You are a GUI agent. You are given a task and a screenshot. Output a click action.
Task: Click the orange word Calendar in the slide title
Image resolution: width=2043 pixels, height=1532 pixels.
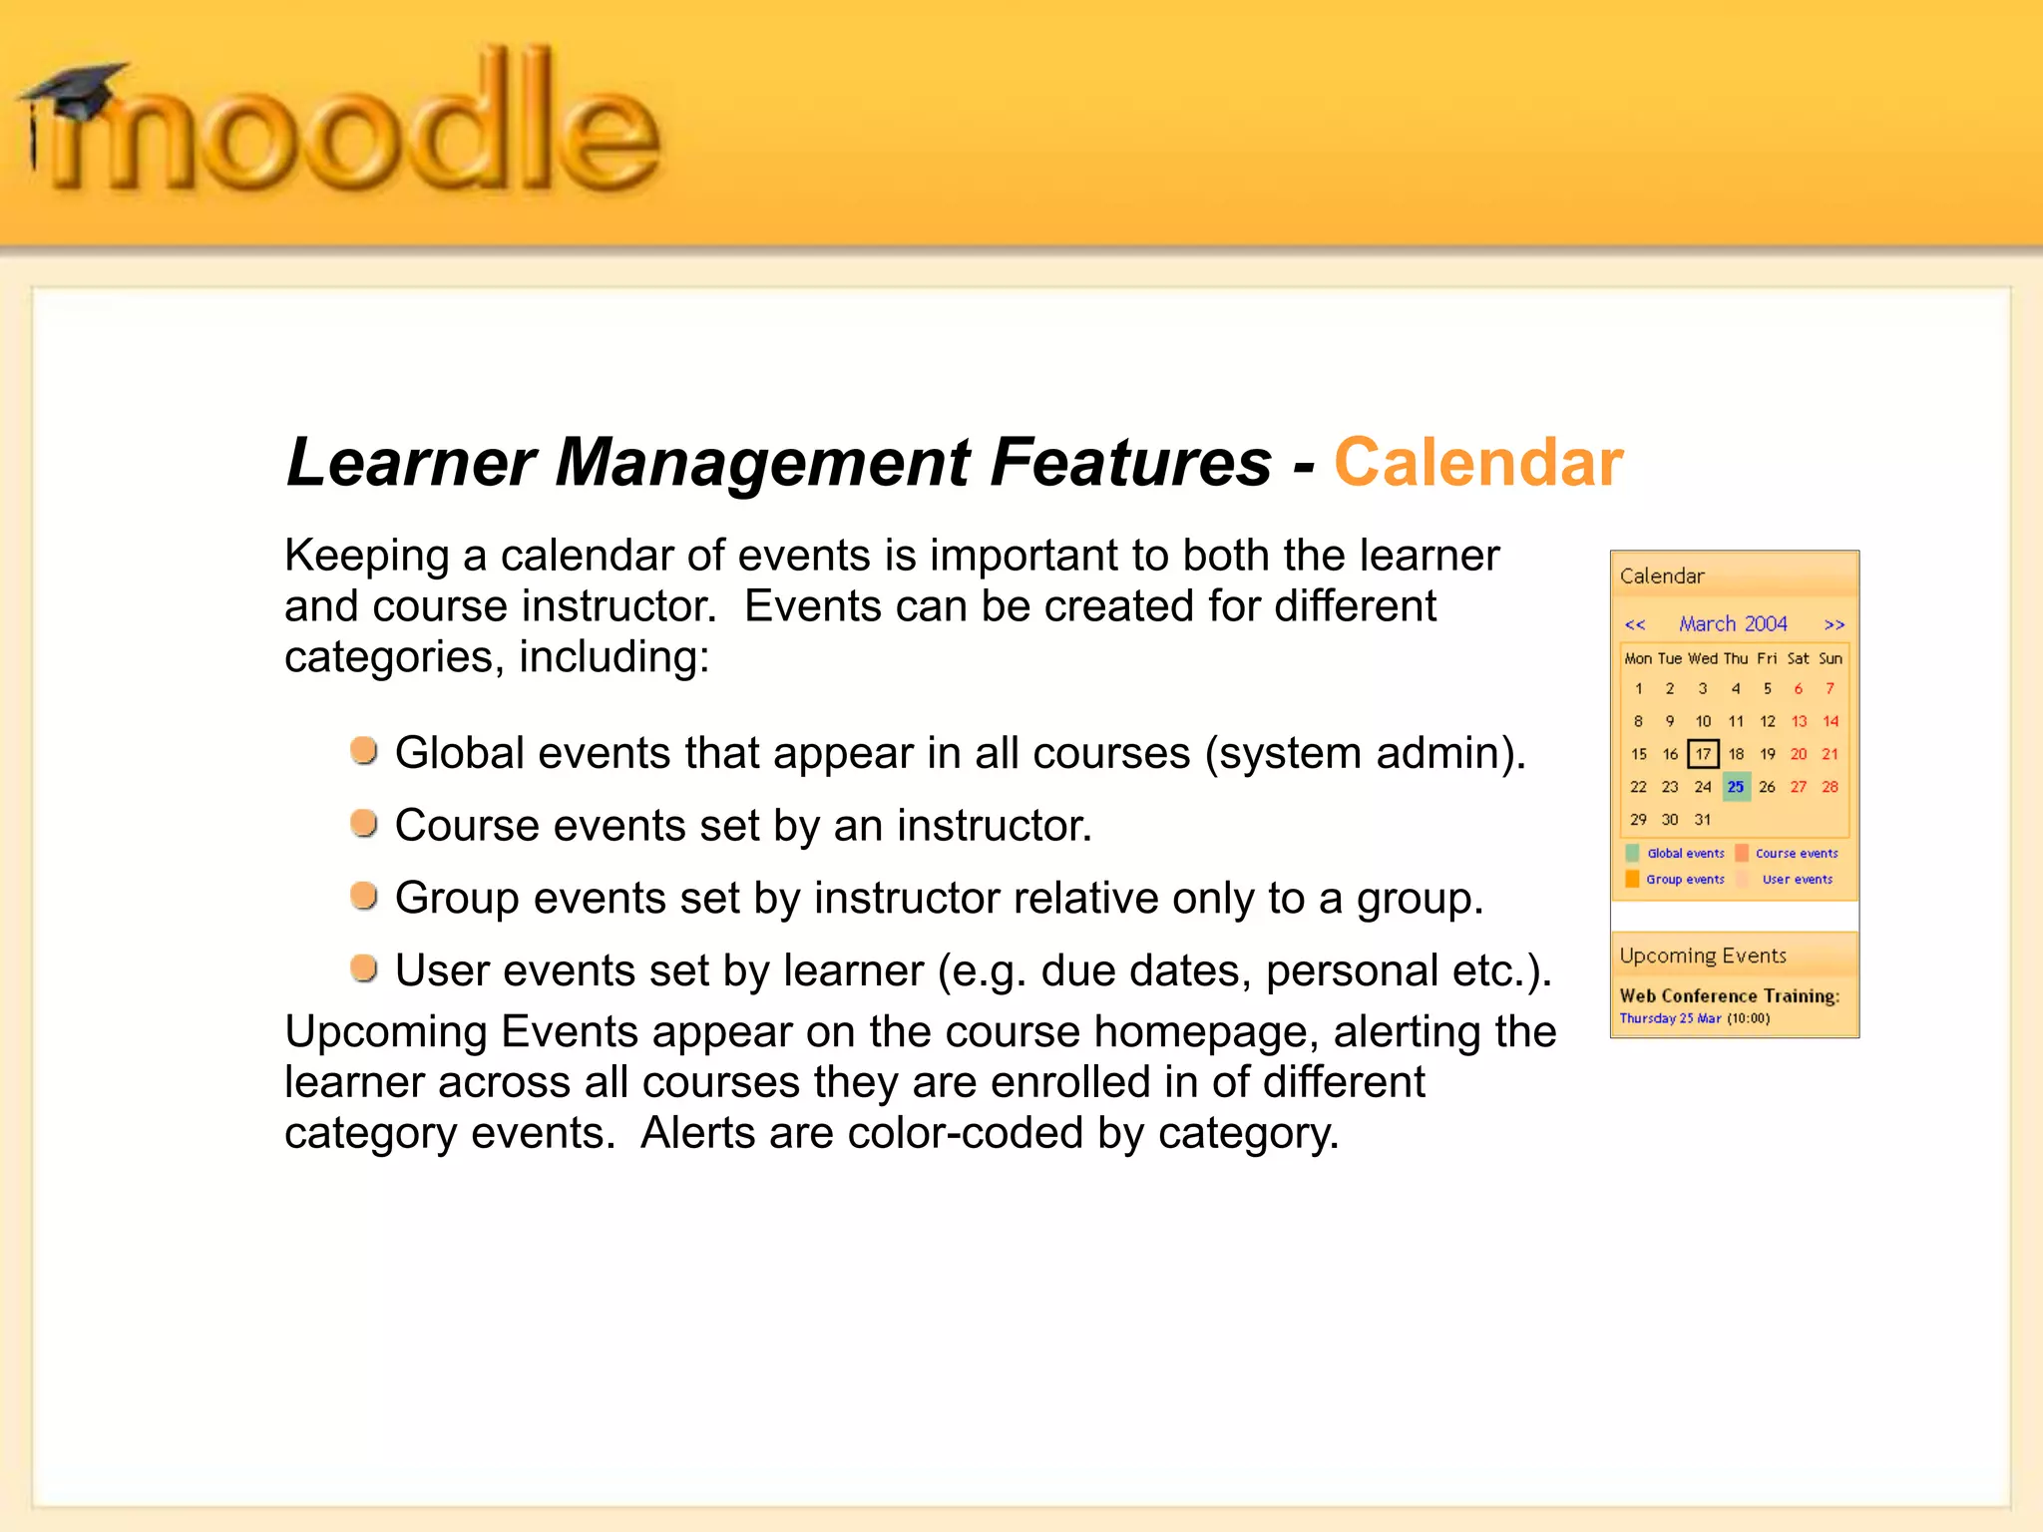tap(1477, 463)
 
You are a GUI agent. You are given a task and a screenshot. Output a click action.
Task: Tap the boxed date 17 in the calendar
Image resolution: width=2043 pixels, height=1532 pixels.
tap(1703, 754)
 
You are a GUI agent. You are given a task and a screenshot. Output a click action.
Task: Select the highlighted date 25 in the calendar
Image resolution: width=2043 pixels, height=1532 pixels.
tap(1736, 787)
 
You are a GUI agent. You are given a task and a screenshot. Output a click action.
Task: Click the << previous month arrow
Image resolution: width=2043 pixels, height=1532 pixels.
tap(1635, 625)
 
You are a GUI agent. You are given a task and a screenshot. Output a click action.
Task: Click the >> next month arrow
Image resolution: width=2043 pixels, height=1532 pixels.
tap(1834, 625)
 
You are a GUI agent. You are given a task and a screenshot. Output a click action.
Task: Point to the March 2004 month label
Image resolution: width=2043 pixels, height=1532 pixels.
tap(1733, 624)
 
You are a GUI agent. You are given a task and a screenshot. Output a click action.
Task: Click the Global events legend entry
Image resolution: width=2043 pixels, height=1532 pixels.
tap(1685, 854)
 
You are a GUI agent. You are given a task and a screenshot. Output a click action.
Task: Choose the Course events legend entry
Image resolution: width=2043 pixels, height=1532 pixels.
tap(1796, 854)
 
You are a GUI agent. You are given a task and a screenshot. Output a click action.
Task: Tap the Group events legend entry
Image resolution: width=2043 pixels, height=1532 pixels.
tap(1685, 880)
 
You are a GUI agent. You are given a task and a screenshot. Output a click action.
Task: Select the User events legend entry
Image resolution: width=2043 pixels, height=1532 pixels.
tap(1797, 880)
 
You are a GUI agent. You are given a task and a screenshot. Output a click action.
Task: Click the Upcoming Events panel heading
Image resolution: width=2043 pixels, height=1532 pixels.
tap(1703, 956)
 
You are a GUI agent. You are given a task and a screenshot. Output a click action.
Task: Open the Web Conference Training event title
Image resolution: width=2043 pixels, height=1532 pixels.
tap(1729, 995)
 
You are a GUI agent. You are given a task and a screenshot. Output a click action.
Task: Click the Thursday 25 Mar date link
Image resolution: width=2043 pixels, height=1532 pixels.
tap(1670, 1018)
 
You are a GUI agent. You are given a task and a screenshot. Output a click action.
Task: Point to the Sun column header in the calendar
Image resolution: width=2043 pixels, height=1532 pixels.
tap(1831, 658)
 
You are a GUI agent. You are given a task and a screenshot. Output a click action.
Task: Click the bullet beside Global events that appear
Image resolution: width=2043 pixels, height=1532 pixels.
tap(364, 750)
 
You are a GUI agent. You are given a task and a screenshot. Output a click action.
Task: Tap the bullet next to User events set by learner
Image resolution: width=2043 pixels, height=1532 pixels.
tap(364, 967)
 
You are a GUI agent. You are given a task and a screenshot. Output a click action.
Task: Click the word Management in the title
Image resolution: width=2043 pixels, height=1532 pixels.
tap(762, 463)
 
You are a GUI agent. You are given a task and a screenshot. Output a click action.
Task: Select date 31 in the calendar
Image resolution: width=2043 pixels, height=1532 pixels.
tap(1703, 820)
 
